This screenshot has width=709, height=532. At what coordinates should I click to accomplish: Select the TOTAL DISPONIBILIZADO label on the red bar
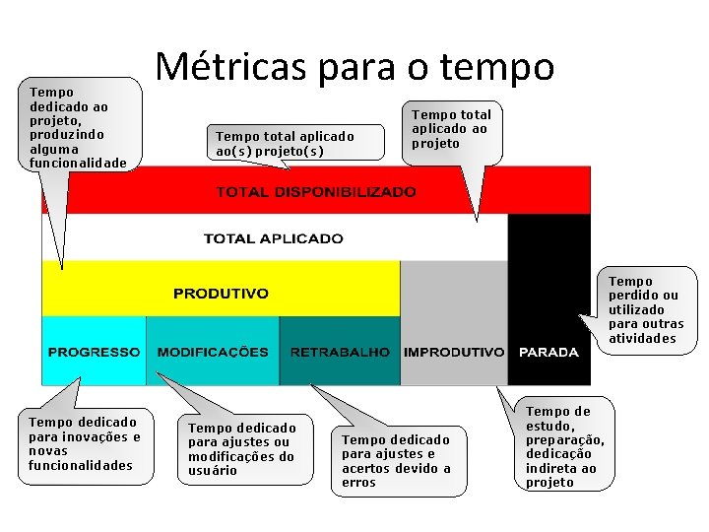pyautogui.click(x=316, y=192)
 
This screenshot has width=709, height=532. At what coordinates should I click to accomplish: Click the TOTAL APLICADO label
pyautogui.click(x=273, y=238)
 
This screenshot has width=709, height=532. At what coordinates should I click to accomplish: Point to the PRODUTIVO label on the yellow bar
pyautogui.click(x=221, y=294)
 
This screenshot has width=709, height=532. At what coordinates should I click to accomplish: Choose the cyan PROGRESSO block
pyautogui.click(x=94, y=352)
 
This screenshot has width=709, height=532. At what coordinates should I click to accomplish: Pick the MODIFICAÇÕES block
pyautogui.click(x=213, y=352)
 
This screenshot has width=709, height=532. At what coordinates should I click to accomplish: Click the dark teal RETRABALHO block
pyautogui.click(x=340, y=352)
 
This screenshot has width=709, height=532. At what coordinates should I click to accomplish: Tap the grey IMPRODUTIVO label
pyautogui.click(x=454, y=352)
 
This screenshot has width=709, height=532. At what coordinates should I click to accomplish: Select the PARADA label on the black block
pyautogui.click(x=548, y=352)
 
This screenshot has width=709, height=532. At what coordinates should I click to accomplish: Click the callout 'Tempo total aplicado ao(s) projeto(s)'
pyautogui.click(x=285, y=144)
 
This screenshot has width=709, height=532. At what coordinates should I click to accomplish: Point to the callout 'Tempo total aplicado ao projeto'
pyautogui.click(x=450, y=129)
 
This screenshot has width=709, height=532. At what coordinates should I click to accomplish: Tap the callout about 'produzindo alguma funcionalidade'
pyautogui.click(x=79, y=126)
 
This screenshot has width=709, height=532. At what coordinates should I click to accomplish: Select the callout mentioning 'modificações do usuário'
pyautogui.click(x=242, y=449)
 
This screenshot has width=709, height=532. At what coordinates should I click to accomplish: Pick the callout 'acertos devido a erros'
pyautogui.click(x=396, y=461)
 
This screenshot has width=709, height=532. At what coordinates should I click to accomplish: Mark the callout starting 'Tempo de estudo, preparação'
pyautogui.click(x=565, y=446)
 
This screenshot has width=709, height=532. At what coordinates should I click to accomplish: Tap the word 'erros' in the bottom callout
pyautogui.click(x=359, y=483)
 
